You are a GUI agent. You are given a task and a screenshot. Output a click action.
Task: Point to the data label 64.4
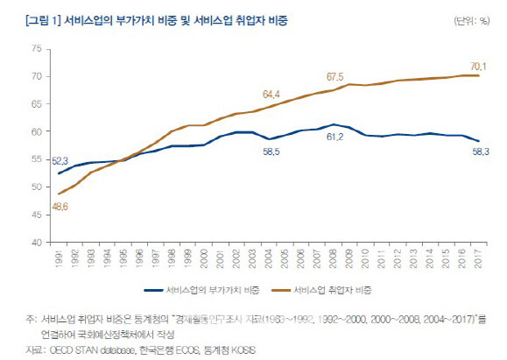[x=271, y=94]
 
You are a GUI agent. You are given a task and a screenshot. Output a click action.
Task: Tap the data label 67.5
[x=334, y=76]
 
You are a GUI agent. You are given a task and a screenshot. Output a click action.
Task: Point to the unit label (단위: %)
[x=472, y=18]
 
